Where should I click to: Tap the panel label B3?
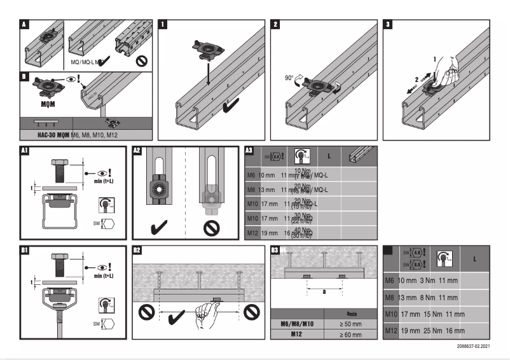point(275,250)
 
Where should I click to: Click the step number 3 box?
point(389,25)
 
